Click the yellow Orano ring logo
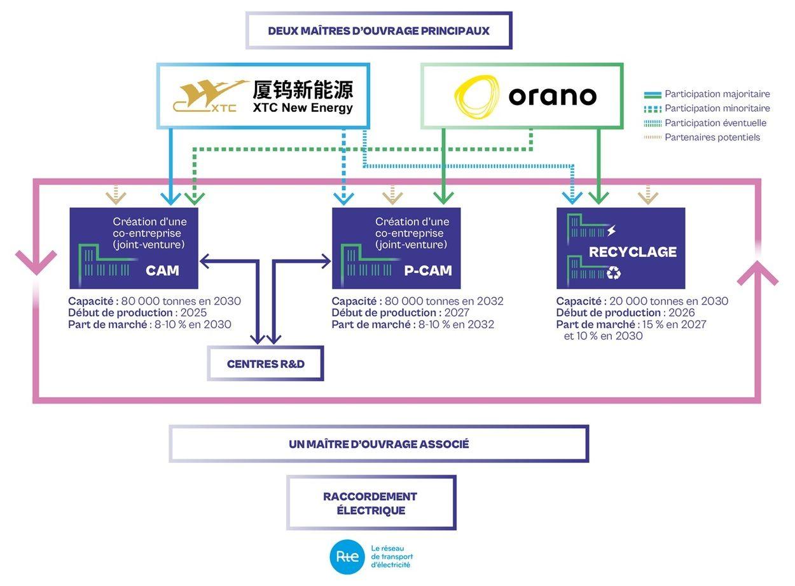476,97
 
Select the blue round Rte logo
347,556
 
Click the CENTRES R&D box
265,364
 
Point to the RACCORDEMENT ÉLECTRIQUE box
370,503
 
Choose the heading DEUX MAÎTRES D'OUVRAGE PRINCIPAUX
378,31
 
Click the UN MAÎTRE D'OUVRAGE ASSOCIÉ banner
378,444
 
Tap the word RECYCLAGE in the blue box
632,252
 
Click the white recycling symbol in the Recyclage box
613,273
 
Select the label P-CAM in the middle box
427,270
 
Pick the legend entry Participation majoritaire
717,94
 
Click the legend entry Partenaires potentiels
712,137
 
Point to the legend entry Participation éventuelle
715,123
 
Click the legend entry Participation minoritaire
717,109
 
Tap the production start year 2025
193,313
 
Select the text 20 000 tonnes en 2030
668,302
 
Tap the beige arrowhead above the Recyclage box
647,198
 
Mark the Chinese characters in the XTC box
302,90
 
